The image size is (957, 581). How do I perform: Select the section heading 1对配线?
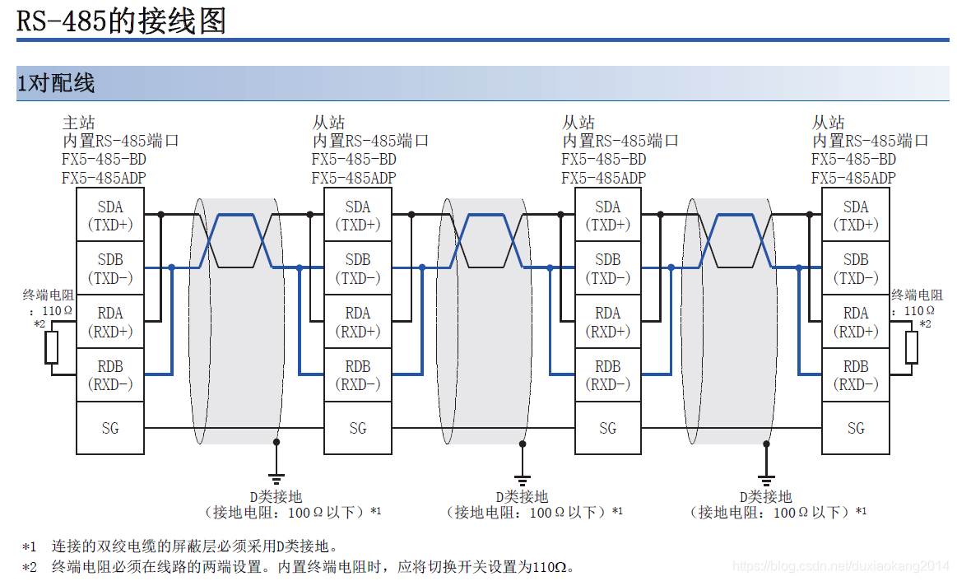click(x=56, y=83)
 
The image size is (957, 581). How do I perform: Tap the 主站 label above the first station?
click(x=79, y=123)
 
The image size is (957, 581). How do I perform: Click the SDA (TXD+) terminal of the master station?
click(x=109, y=215)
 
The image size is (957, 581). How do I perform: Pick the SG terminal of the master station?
click(x=109, y=428)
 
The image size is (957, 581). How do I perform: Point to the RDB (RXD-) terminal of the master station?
click(x=109, y=375)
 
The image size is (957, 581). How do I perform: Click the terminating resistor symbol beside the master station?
click(x=52, y=347)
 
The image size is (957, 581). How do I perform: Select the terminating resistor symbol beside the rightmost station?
click(x=911, y=347)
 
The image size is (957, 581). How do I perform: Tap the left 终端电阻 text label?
click(x=45, y=295)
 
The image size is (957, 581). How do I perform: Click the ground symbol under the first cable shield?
click(x=276, y=477)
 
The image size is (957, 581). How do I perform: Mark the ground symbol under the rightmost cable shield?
click(x=766, y=477)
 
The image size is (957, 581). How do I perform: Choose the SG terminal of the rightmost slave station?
click(x=856, y=428)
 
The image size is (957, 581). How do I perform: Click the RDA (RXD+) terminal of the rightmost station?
click(x=856, y=322)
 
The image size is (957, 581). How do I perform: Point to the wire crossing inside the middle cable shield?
click(x=483, y=240)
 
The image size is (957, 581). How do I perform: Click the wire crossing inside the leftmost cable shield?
click(x=235, y=240)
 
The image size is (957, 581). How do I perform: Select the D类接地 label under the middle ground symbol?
click(x=522, y=497)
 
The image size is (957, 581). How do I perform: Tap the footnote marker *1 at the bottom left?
click(x=30, y=546)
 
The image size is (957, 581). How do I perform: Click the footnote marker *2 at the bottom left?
click(x=30, y=567)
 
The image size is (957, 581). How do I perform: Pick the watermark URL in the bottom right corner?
click(x=840, y=566)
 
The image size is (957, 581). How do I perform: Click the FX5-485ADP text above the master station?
click(x=105, y=178)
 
